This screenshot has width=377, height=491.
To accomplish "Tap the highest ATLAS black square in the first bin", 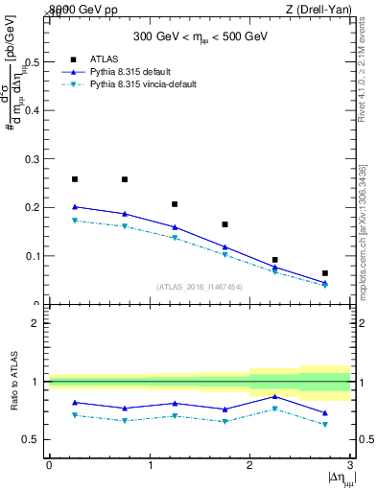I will pos(75,179).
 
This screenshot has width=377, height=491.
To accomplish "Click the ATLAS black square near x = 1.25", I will pos(175,204).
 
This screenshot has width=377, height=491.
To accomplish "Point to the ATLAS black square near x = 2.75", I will pos(325,273).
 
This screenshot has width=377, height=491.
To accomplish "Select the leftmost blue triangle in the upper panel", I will pos(75,206).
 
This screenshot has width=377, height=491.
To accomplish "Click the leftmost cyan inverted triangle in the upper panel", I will pos(75,221).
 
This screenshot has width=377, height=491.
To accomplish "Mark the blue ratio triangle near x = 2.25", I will pos(275,396).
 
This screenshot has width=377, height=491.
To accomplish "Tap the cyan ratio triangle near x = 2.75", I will pos(325,424).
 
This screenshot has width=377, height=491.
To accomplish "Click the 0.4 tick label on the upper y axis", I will pos(35,109).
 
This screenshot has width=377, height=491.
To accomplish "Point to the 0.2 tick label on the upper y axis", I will pos(35,207).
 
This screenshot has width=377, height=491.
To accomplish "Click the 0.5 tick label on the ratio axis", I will pos(35,440).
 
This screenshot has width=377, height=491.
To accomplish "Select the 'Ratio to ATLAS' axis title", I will pos(13,382).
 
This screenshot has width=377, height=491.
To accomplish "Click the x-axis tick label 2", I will pos(250,464).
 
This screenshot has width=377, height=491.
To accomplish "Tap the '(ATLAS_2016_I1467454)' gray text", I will pos(199,286).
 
